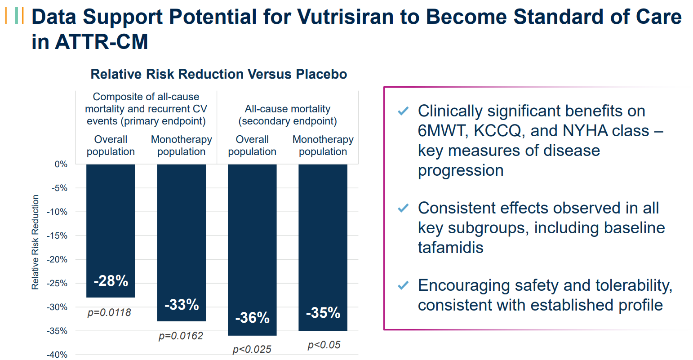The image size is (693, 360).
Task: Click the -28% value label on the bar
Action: point(111,281)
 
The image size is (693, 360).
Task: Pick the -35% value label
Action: point(323,313)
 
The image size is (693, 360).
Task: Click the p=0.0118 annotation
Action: point(109,313)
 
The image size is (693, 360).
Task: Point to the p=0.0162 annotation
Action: point(181,336)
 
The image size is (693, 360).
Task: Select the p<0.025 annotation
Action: point(252,350)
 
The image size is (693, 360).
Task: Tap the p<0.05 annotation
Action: point(324,345)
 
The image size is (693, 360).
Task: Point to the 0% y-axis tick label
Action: point(61,164)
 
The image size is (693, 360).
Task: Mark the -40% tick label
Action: point(57,355)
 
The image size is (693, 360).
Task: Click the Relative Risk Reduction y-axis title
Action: point(36,242)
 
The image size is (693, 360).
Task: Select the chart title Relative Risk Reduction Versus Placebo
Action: point(219,74)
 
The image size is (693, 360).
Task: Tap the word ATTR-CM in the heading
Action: point(101,42)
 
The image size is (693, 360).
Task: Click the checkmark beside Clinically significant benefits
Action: point(403,111)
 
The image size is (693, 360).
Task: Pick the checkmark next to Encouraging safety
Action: point(403,285)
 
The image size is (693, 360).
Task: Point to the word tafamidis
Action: point(450,248)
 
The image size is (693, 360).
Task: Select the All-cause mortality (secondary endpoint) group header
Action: point(288,115)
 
